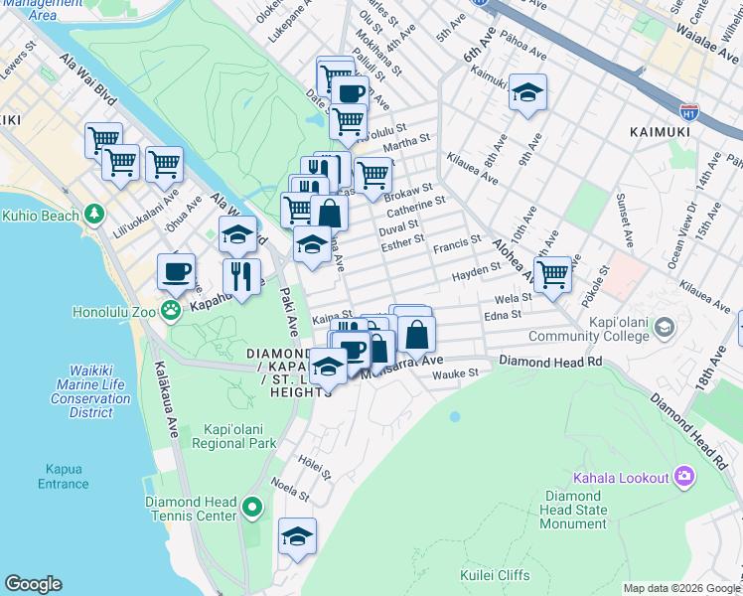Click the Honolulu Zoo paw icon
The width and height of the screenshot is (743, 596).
click(x=172, y=311)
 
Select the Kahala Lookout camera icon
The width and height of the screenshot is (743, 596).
click(x=683, y=478)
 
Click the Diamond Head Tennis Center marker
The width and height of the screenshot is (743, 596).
click(x=253, y=510)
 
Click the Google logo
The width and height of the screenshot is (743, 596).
click(x=33, y=584)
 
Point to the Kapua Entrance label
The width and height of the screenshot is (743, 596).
click(x=63, y=476)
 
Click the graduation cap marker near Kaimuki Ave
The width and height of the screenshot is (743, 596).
click(x=528, y=94)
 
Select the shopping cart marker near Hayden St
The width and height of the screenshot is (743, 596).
click(x=552, y=273)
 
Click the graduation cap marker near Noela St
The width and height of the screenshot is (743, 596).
click(x=296, y=536)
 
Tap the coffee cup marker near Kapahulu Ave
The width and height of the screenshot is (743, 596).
click(x=177, y=271)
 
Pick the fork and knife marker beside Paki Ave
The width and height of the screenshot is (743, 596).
click(x=240, y=277)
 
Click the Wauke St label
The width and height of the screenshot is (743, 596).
click(x=455, y=373)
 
